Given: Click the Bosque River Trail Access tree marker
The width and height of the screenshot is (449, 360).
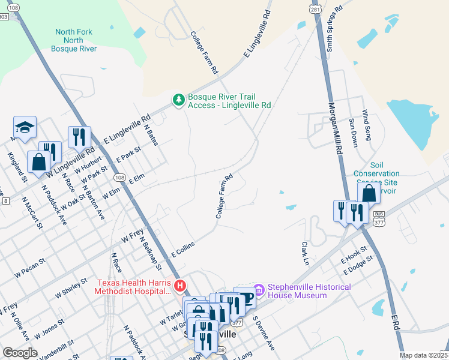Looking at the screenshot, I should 178,100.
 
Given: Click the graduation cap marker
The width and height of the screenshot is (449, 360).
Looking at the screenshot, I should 25,127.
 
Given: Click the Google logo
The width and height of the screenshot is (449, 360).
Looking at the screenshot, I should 20,353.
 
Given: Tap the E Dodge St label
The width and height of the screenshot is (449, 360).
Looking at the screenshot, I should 357,263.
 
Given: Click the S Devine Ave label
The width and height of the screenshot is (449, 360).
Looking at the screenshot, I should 264,334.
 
